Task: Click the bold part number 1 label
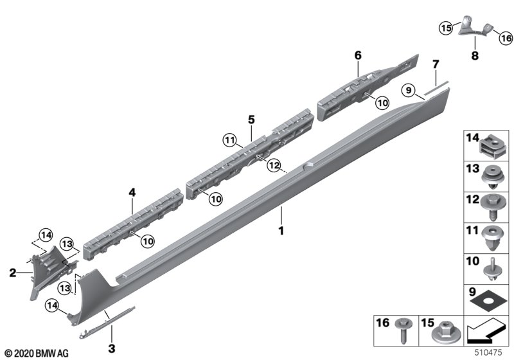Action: (x=281, y=231)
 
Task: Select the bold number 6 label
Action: (x=358, y=55)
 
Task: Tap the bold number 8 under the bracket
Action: (x=475, y=55)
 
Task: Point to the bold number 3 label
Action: (x=112, y=348)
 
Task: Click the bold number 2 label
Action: (x=12, y=273)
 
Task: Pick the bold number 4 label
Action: (x=132, y=192)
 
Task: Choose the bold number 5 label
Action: (x=251, y=120)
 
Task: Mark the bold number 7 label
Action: (x=436, y=64)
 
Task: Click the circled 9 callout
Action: (x=409, y=89)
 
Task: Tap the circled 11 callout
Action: (x=230, y=141)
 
